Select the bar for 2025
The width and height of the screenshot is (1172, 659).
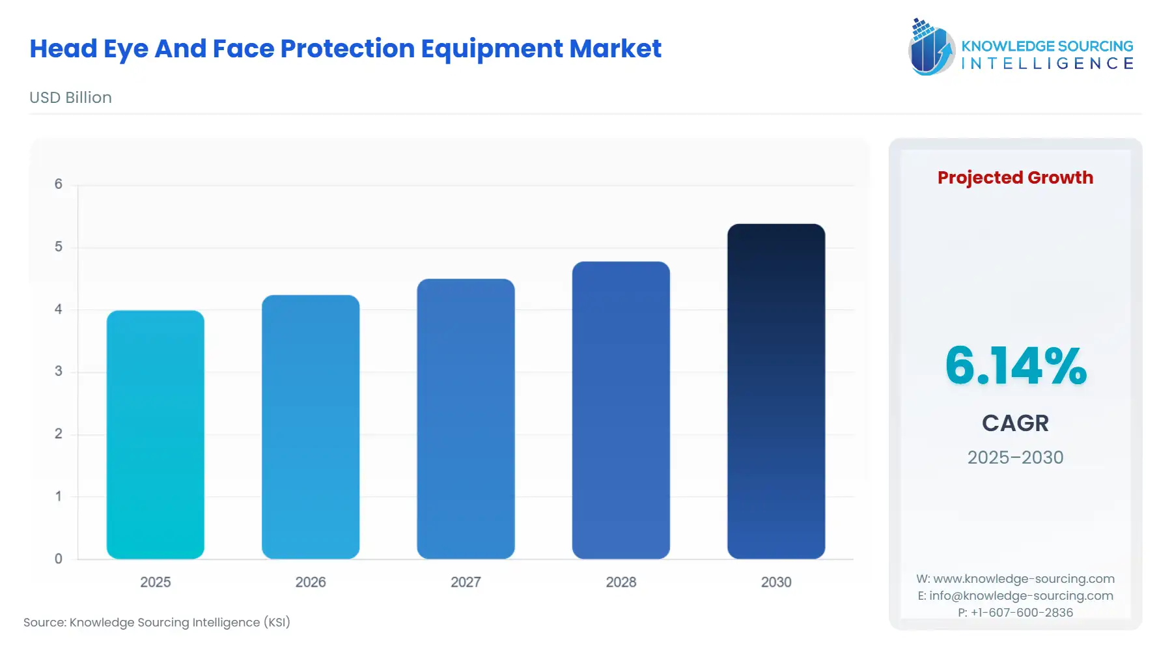[x=155, y=434]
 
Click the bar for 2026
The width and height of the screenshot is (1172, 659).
[x=311, y=427]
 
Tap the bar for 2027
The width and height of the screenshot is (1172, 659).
[x=466, y=419]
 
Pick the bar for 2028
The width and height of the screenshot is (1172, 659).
[x=621, y=410]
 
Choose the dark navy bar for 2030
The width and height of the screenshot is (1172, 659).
[x=776, y=391]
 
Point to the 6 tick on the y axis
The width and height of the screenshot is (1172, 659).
[x=59, y=184]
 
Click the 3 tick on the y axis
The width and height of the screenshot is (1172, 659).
[x=59, y=371]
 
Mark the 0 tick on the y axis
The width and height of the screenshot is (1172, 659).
[x=59, y=559]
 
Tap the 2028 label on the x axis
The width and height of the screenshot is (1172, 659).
[x=621, y=582]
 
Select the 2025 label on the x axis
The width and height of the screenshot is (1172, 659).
[x=155, y=582]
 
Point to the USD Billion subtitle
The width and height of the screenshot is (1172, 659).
[x=70, y=98]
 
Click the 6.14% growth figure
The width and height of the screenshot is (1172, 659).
[x=1015, y=366]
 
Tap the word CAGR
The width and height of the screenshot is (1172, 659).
[x=1015, y=423]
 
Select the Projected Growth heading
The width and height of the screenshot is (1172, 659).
[x=1015, y=177]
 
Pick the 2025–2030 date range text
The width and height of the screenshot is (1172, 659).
[x=1015, y=457]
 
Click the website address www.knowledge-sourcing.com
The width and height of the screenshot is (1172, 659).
[x=1024, y=579]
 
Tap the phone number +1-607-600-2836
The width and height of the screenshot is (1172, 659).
[x=1022, y=613]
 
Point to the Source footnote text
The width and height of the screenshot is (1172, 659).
[x=157, y=623]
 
